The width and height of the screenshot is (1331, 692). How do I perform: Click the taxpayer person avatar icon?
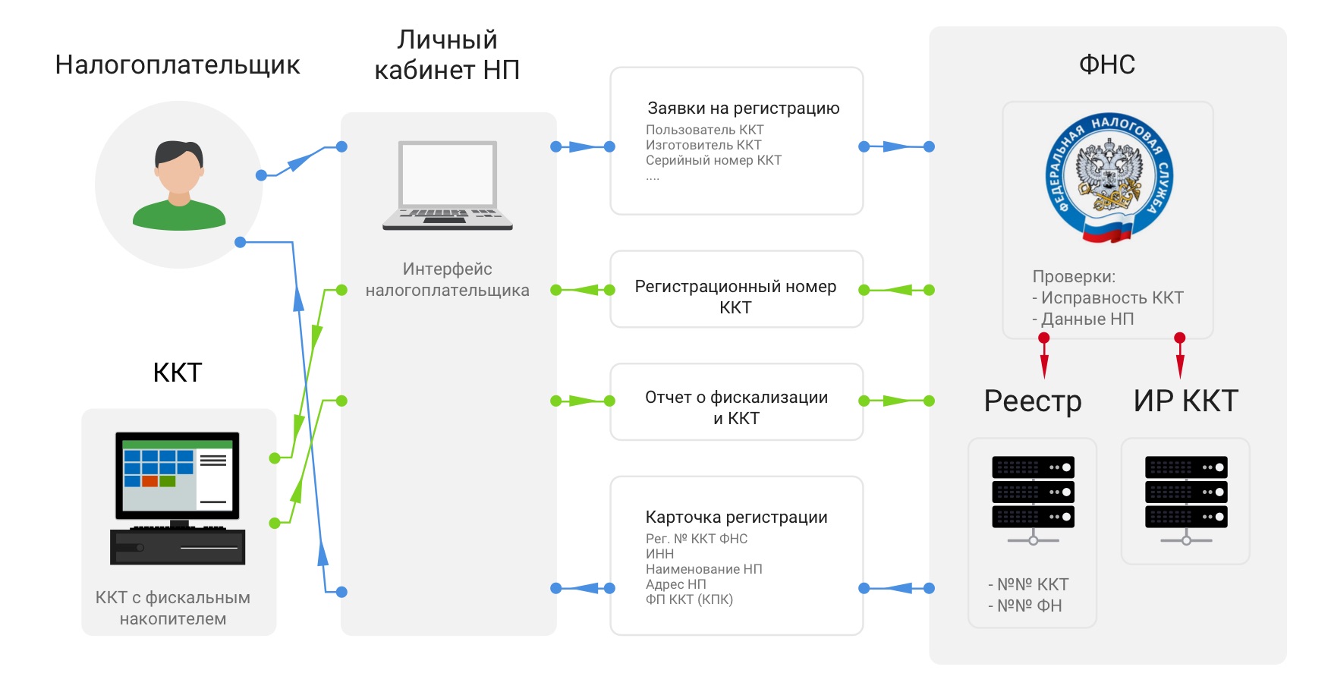point(179,185)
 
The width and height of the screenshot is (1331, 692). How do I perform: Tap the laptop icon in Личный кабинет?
point(448,185)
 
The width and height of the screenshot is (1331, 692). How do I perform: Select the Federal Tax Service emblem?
point(1109,179)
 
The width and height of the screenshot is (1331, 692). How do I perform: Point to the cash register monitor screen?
point(178,474)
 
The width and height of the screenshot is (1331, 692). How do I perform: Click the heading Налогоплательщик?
point(178,65)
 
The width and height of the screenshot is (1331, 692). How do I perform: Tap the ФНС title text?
point(1107,64)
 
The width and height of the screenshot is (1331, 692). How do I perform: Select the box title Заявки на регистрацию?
point(743,109)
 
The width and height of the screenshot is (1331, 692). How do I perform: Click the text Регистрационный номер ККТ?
point(735,297)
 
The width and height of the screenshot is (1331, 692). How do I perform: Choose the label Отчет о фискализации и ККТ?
point(736,407)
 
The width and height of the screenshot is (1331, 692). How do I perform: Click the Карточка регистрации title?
point(736,517)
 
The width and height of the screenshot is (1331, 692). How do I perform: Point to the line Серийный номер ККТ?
point(713,161)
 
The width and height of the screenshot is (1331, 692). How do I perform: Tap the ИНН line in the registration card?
point(660,554)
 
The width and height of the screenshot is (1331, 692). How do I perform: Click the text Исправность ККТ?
point(1112,298)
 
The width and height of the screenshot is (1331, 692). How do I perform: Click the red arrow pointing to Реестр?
point(1044,357)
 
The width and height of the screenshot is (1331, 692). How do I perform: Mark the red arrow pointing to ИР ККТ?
point(1179,357)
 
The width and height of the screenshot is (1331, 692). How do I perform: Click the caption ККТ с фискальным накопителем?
point(173,608)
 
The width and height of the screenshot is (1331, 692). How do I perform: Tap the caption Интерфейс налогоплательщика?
point(448,279)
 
